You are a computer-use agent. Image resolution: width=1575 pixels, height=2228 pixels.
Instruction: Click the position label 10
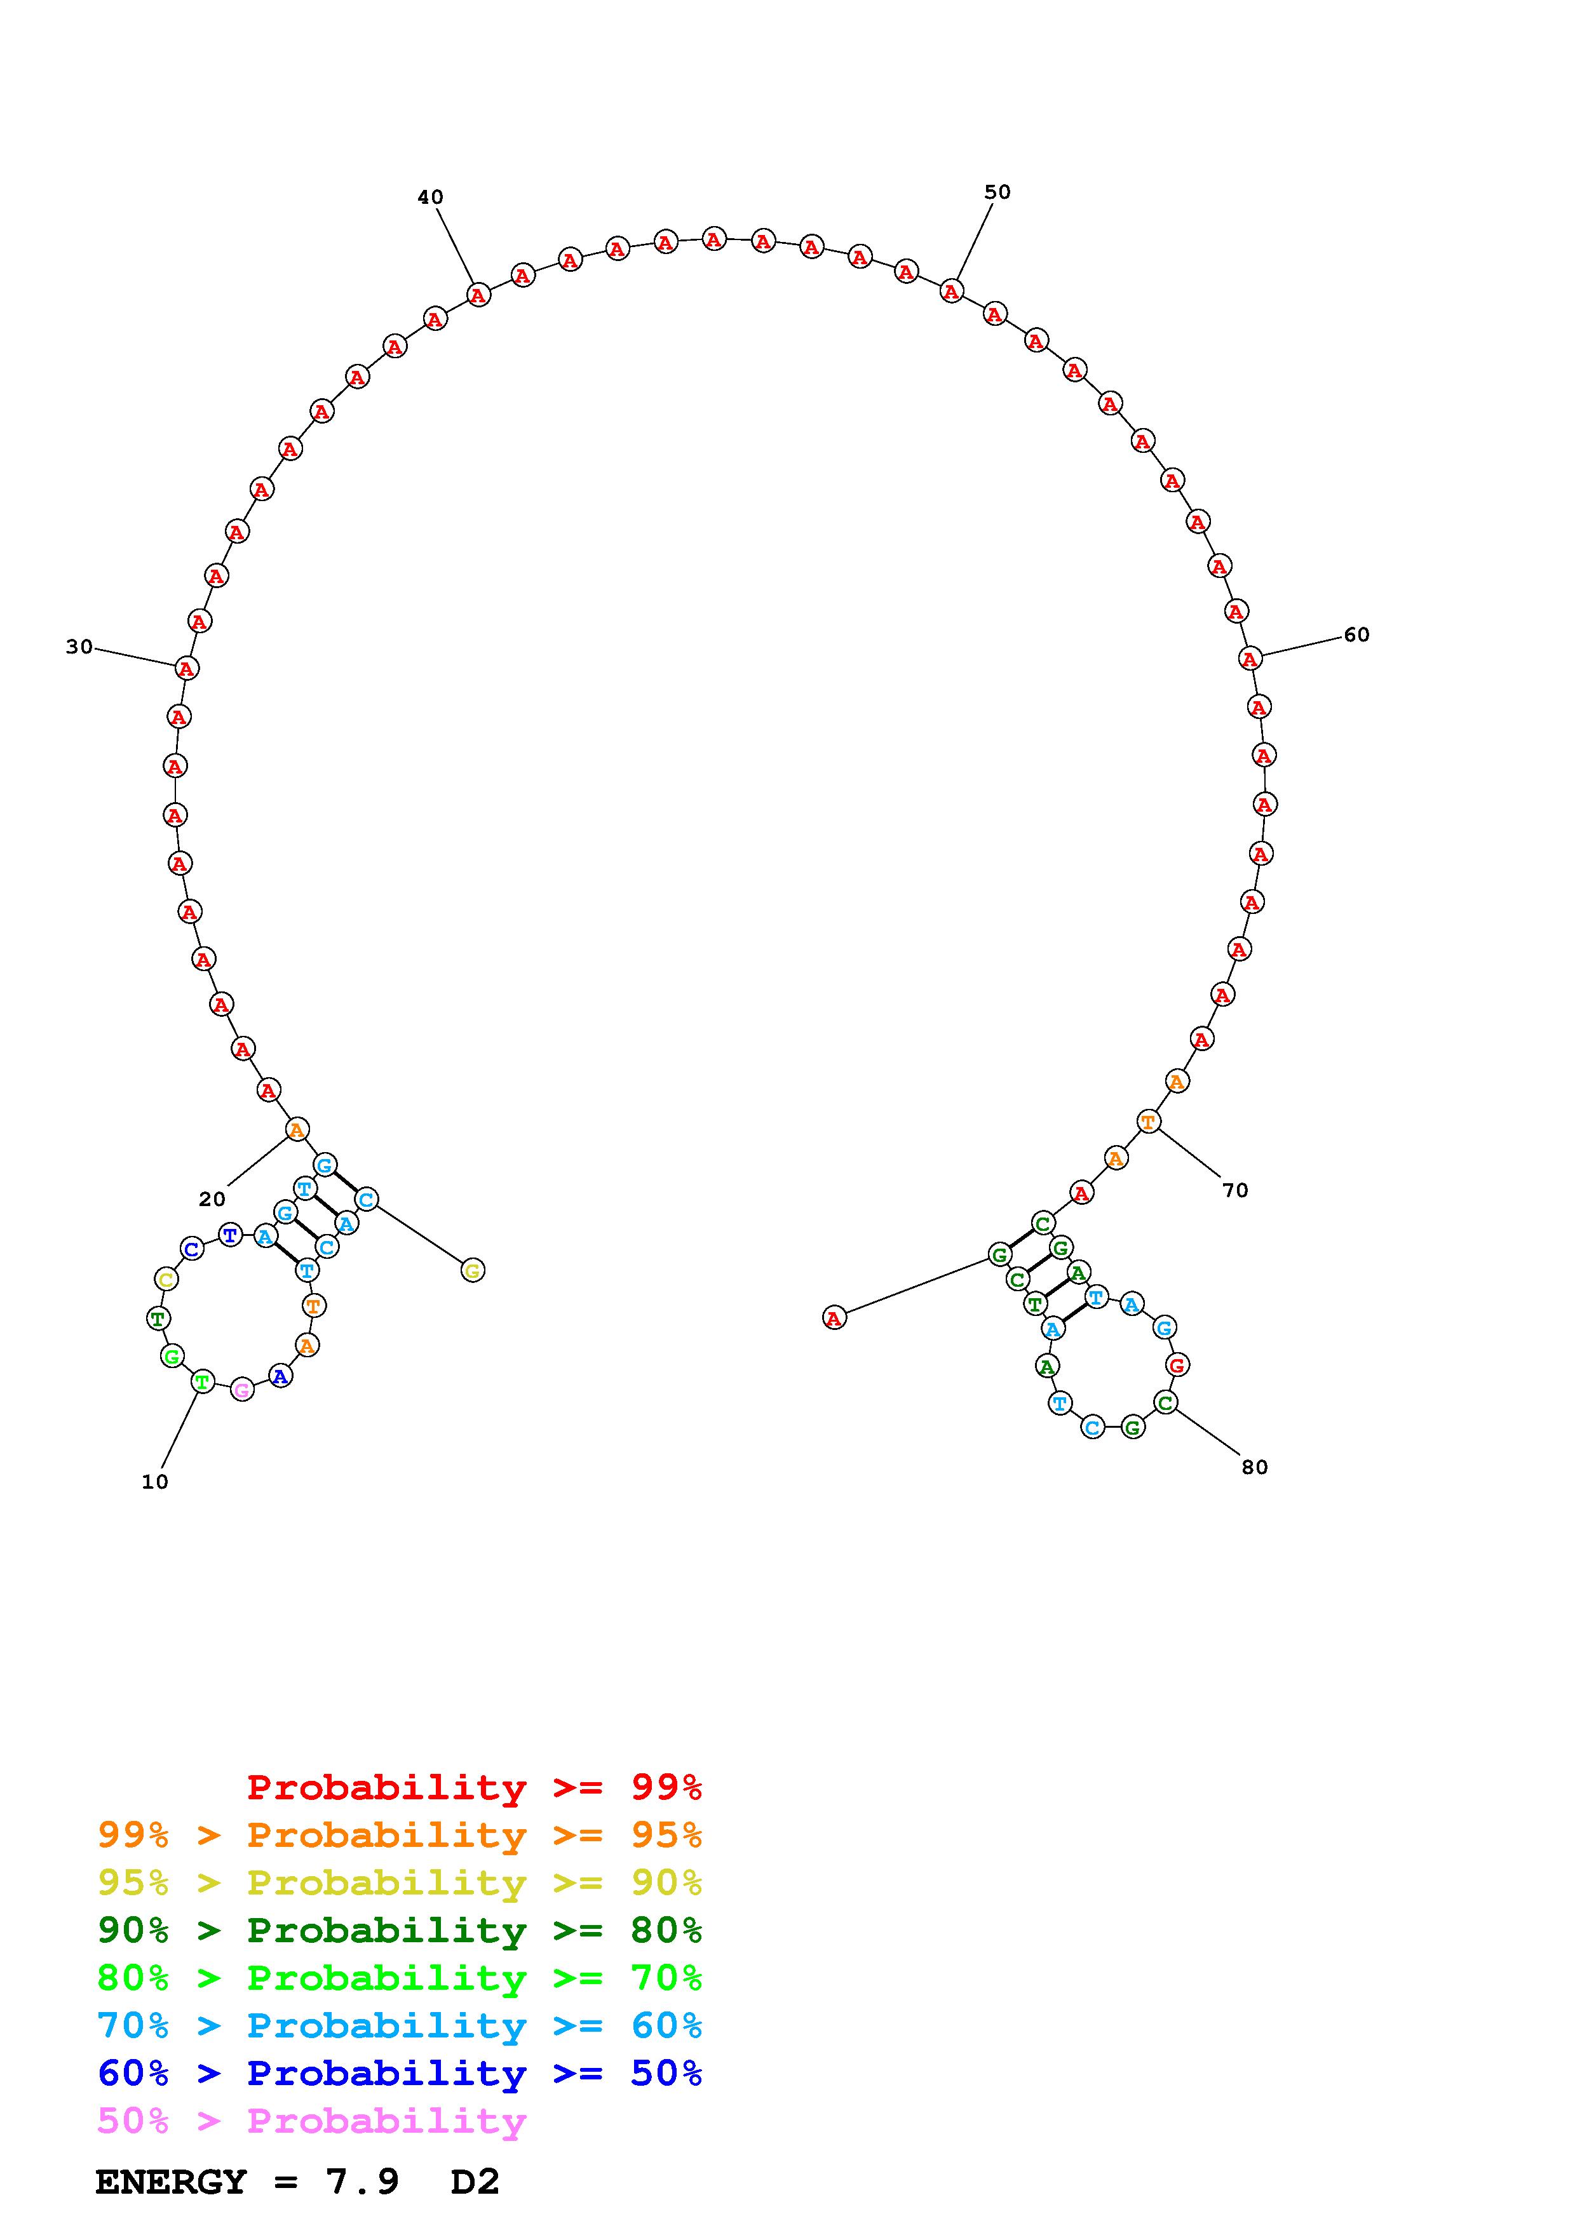(x=154, y=1482)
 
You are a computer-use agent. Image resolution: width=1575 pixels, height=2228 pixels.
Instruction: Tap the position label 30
(x=79, y=647)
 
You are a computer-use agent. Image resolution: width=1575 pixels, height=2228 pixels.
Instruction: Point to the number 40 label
(x=430, y=197)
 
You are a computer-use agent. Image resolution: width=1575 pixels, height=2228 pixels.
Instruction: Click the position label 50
(x=997, y=192)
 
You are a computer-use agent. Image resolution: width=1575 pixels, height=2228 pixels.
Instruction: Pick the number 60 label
(x=1356, y=634)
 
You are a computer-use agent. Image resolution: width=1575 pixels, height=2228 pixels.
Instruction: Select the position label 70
(x=1234, y=1191)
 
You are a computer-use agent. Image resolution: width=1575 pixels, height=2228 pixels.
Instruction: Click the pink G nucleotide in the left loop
(x=241, y=1390)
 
